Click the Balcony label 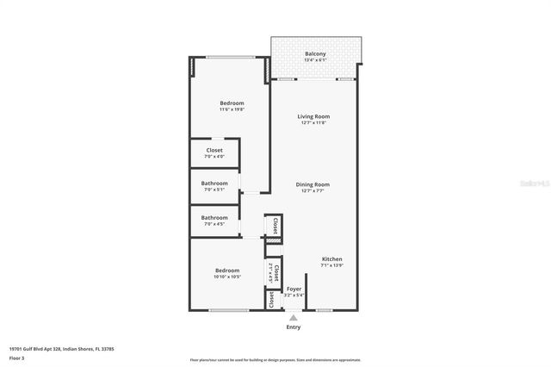[315, 54]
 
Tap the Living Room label [314, 116]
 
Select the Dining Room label [314, 183]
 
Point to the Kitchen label [332, 259]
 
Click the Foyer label [294, 289]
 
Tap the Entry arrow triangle [294, 318]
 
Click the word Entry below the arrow [294, 327]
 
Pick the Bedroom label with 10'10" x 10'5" [227, 270]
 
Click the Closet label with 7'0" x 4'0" [214, 150]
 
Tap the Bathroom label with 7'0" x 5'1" [214, 183]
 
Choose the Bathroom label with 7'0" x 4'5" [214, 217]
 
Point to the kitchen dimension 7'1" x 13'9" [332, 266]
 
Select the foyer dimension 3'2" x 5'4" [294, 295]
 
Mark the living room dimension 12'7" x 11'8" [314, 123]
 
